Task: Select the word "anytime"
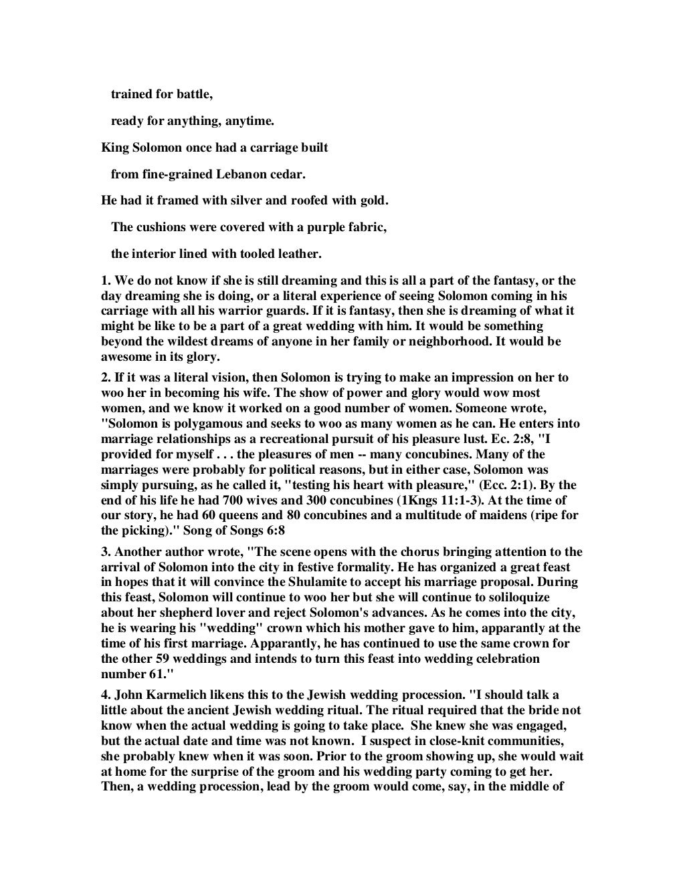(250, 122)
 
